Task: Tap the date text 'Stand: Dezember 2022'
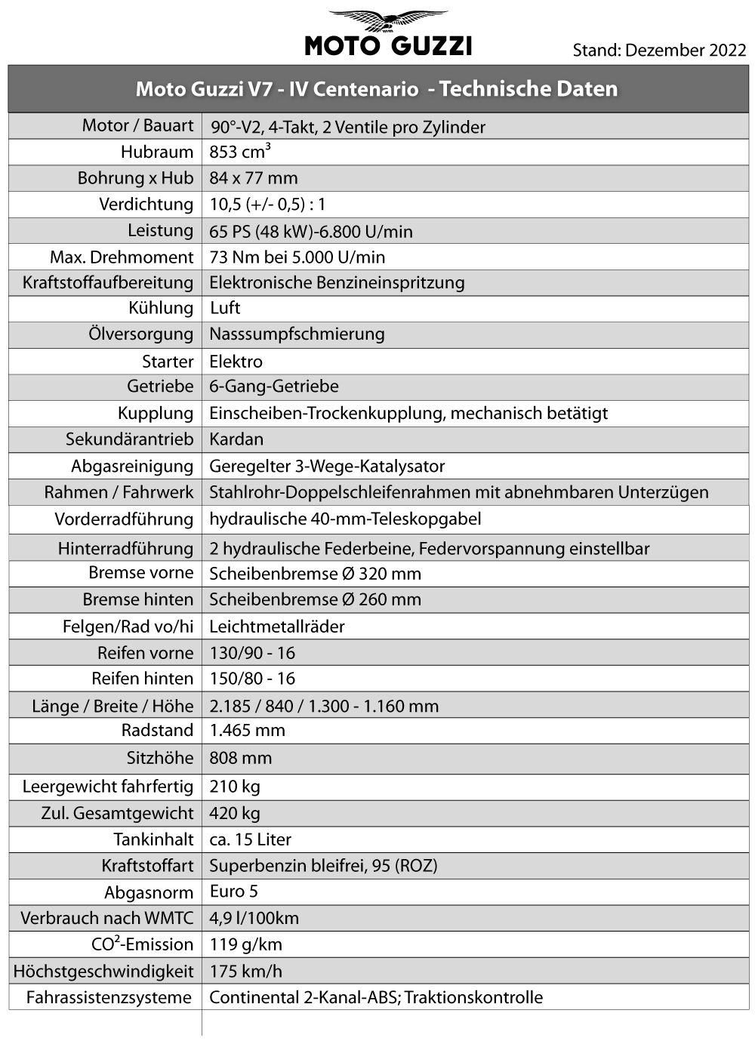click(659, 51)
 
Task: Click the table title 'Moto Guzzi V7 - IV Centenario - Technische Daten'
click(377, 89)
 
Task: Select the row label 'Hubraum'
click(157, 152)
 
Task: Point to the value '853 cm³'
click(240, 152)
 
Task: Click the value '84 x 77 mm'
click(254, 178)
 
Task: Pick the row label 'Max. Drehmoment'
click(122, 257)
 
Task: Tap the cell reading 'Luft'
click(225, 308)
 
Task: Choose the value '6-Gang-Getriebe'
click(274, 387)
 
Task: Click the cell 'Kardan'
click(236, 439)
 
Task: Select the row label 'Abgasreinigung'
click(132, 466)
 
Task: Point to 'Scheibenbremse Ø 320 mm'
click(315, 574)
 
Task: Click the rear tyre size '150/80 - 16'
click(252, 679)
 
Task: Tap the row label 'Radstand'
click(157, 731)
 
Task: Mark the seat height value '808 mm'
click(240, 758)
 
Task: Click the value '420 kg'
click(235, 813)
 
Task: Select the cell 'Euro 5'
click(234, 892)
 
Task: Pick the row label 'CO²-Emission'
click(142, 944)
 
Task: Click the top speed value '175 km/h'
click(246, 971)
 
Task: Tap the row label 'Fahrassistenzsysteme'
click(109, 997)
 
